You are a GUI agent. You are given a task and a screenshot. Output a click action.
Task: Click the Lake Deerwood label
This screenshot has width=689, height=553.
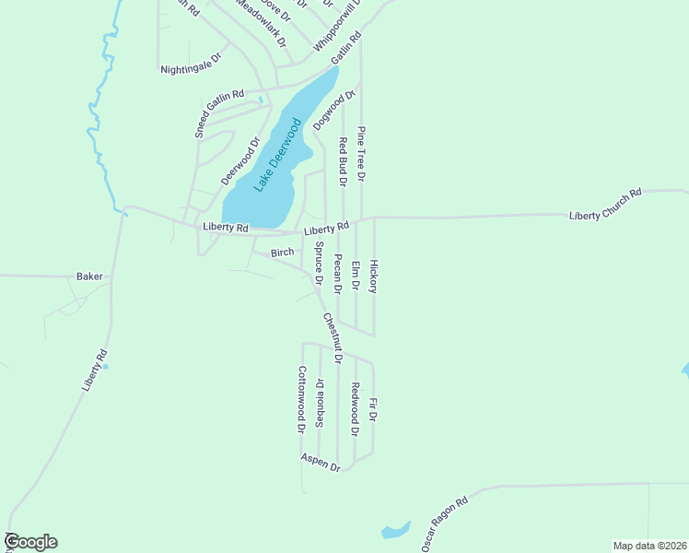(277, 154)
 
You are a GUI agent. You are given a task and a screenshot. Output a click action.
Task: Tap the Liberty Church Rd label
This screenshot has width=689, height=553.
(604, 205)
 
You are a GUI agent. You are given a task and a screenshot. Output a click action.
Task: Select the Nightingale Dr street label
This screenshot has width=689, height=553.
(192, 63)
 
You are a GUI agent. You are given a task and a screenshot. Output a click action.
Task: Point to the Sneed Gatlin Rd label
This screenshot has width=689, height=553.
(218, 113)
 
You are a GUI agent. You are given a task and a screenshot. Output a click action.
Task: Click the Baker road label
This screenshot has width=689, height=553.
(89, 276)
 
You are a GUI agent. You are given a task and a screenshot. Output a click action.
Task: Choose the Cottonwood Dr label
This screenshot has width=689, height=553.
(300, 398)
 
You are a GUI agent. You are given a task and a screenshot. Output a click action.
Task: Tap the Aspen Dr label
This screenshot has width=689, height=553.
(321, 462)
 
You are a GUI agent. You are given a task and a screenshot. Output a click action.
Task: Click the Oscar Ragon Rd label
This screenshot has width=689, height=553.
(445, 524)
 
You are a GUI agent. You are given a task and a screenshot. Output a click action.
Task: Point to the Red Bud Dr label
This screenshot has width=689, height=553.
(342, 161)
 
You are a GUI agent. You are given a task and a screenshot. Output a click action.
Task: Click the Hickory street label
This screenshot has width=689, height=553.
(373, 276)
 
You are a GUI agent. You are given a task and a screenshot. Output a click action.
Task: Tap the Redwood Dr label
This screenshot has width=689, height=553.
(355, 409)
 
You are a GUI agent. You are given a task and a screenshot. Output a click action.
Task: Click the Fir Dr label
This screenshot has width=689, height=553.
(373, 410)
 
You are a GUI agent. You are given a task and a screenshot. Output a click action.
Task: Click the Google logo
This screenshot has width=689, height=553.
(30, 542)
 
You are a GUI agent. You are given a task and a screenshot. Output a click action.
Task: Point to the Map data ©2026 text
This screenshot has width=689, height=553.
(649, 545)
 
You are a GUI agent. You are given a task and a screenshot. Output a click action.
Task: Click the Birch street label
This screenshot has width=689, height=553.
(282, 253)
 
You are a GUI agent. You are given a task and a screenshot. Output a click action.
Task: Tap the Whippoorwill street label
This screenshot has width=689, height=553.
(337, 28)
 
